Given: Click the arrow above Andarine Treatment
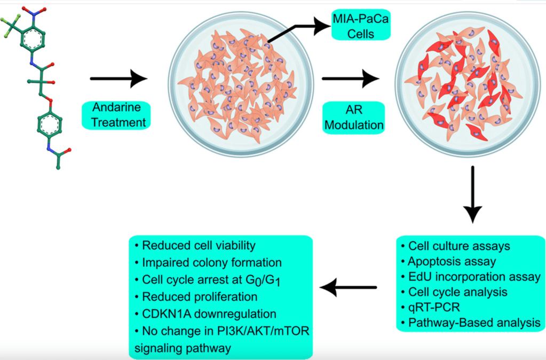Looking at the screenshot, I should (118, 80).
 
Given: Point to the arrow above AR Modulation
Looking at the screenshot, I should (350, 79).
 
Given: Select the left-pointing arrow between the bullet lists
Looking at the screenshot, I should (348, 288).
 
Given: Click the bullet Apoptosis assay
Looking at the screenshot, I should (452, 262).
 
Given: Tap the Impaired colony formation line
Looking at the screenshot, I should (211, 262).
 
